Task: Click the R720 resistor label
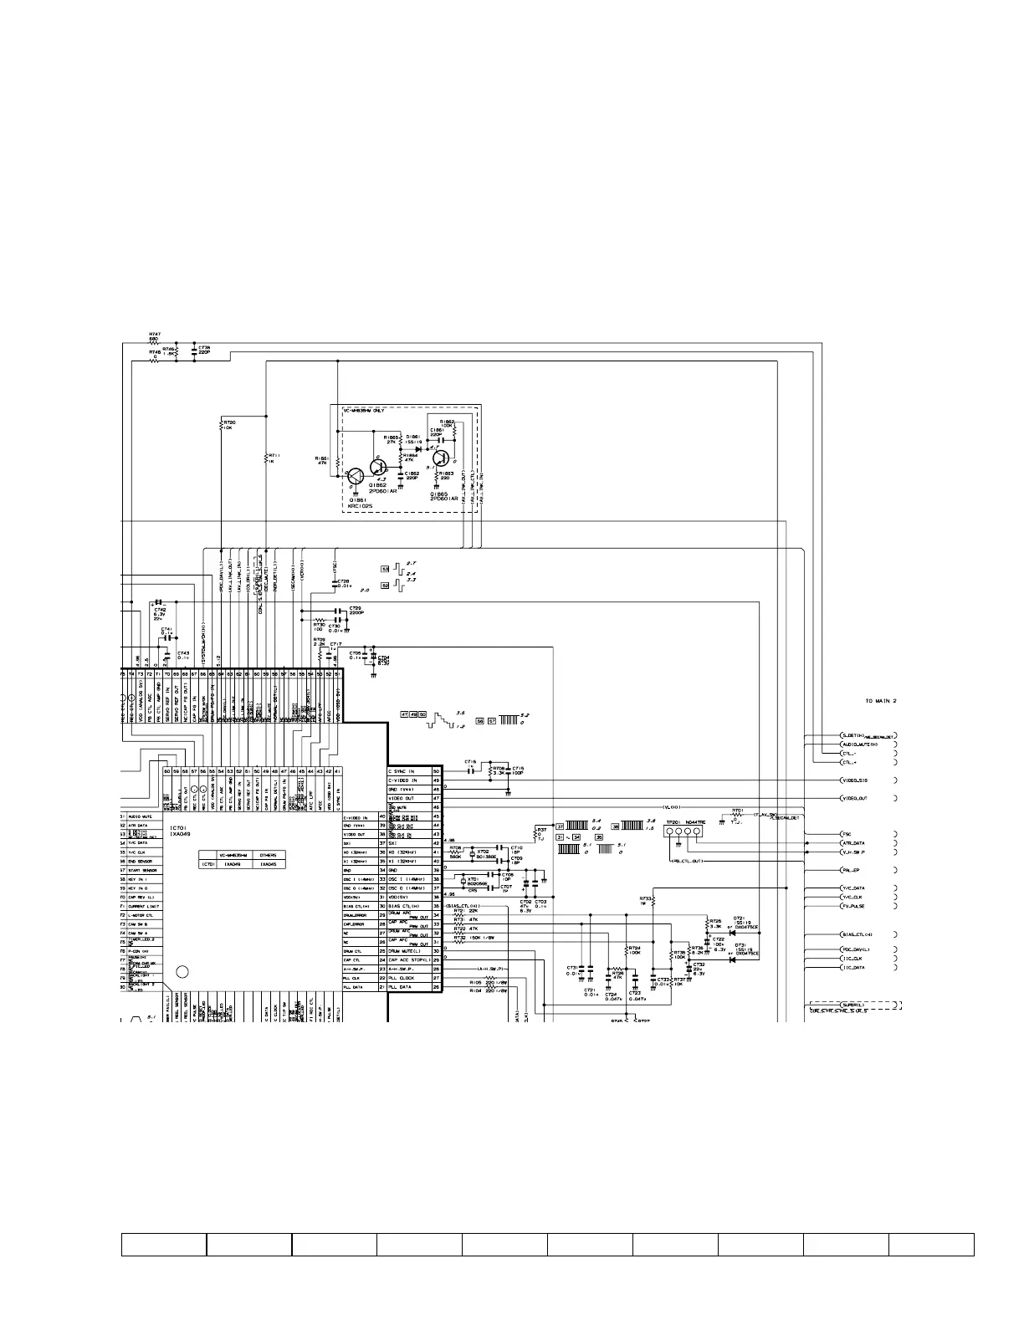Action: tap(229, 422)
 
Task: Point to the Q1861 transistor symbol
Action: tap(355, 476)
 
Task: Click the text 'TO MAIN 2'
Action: tap(880, 700)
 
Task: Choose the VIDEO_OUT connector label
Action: tap(854, 798)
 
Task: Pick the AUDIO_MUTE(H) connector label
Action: tap(859, 744)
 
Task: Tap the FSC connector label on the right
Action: tap(847, 834)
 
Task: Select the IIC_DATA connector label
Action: tap(853, 967)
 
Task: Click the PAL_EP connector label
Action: tap(852, 870)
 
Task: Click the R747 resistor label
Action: tap(155, 334)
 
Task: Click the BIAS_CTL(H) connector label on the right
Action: tap(858, 934)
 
